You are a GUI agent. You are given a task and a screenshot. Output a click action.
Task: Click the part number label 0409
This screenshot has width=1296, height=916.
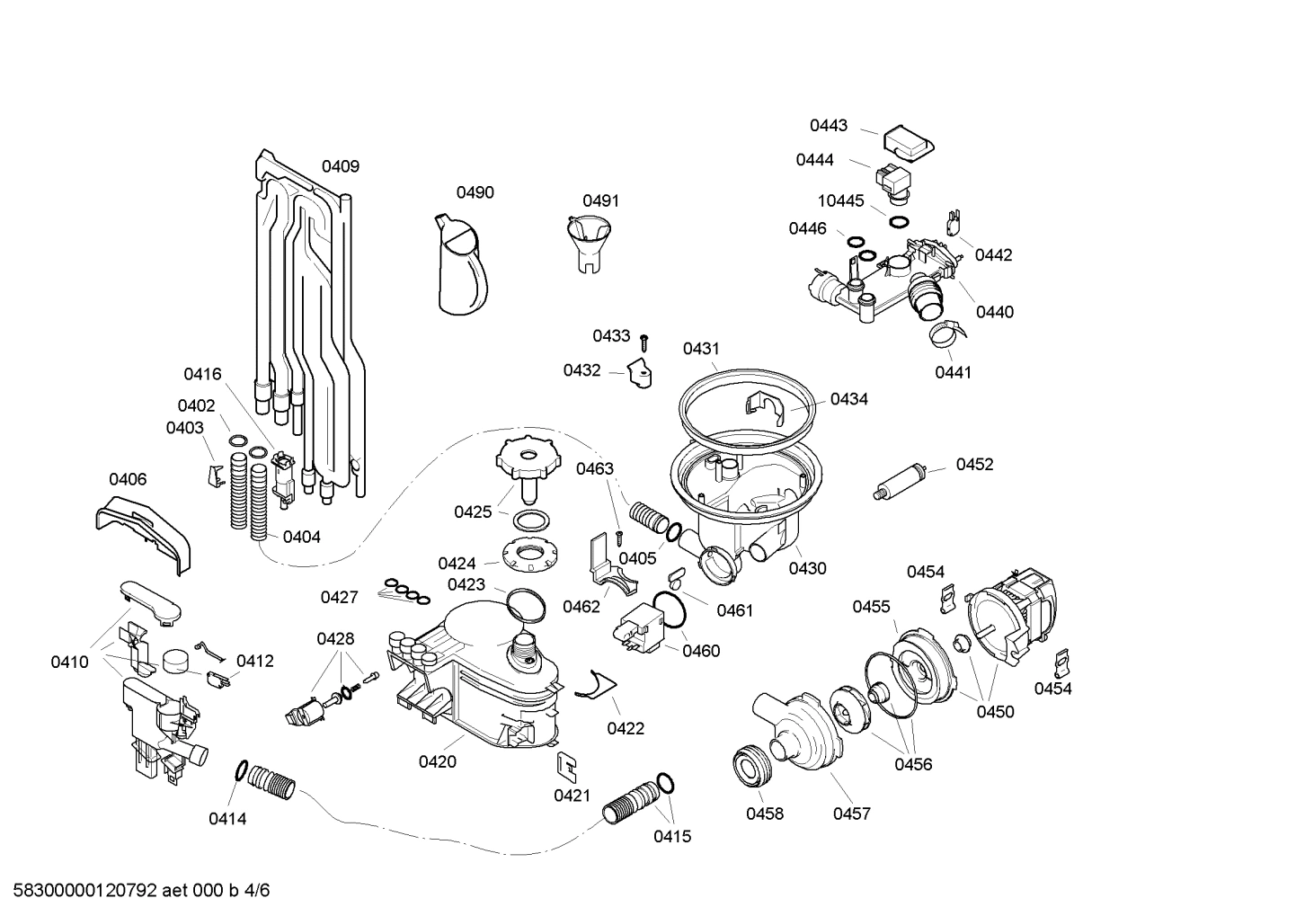[341, 166]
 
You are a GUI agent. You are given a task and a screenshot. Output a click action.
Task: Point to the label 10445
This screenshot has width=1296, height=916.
[840, 200]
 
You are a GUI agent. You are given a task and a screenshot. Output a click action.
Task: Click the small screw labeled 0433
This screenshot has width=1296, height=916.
[644, 342]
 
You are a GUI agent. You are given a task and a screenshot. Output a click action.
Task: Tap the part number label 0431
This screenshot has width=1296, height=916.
[701, 349]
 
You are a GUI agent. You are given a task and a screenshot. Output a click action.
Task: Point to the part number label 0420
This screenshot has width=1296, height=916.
[437, 762]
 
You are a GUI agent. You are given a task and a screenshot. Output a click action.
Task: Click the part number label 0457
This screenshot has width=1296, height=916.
[851, 814]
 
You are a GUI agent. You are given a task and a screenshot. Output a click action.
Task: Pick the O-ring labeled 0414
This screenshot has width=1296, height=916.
[241, 769]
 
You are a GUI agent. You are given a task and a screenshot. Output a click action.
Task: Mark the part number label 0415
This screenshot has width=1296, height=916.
[672, 836]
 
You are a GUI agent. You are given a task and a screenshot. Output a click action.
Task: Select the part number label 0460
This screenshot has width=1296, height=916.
[701, 651]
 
